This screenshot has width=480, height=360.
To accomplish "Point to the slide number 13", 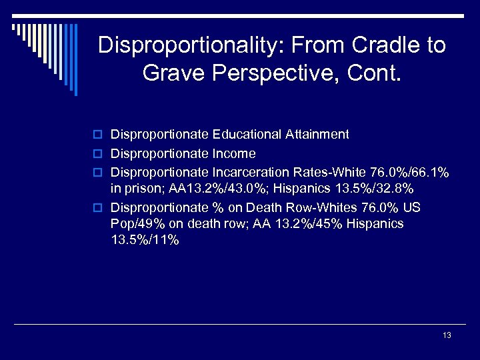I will click(x=447, y=335).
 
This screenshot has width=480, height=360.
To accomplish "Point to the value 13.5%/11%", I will click(x=145, y=240).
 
